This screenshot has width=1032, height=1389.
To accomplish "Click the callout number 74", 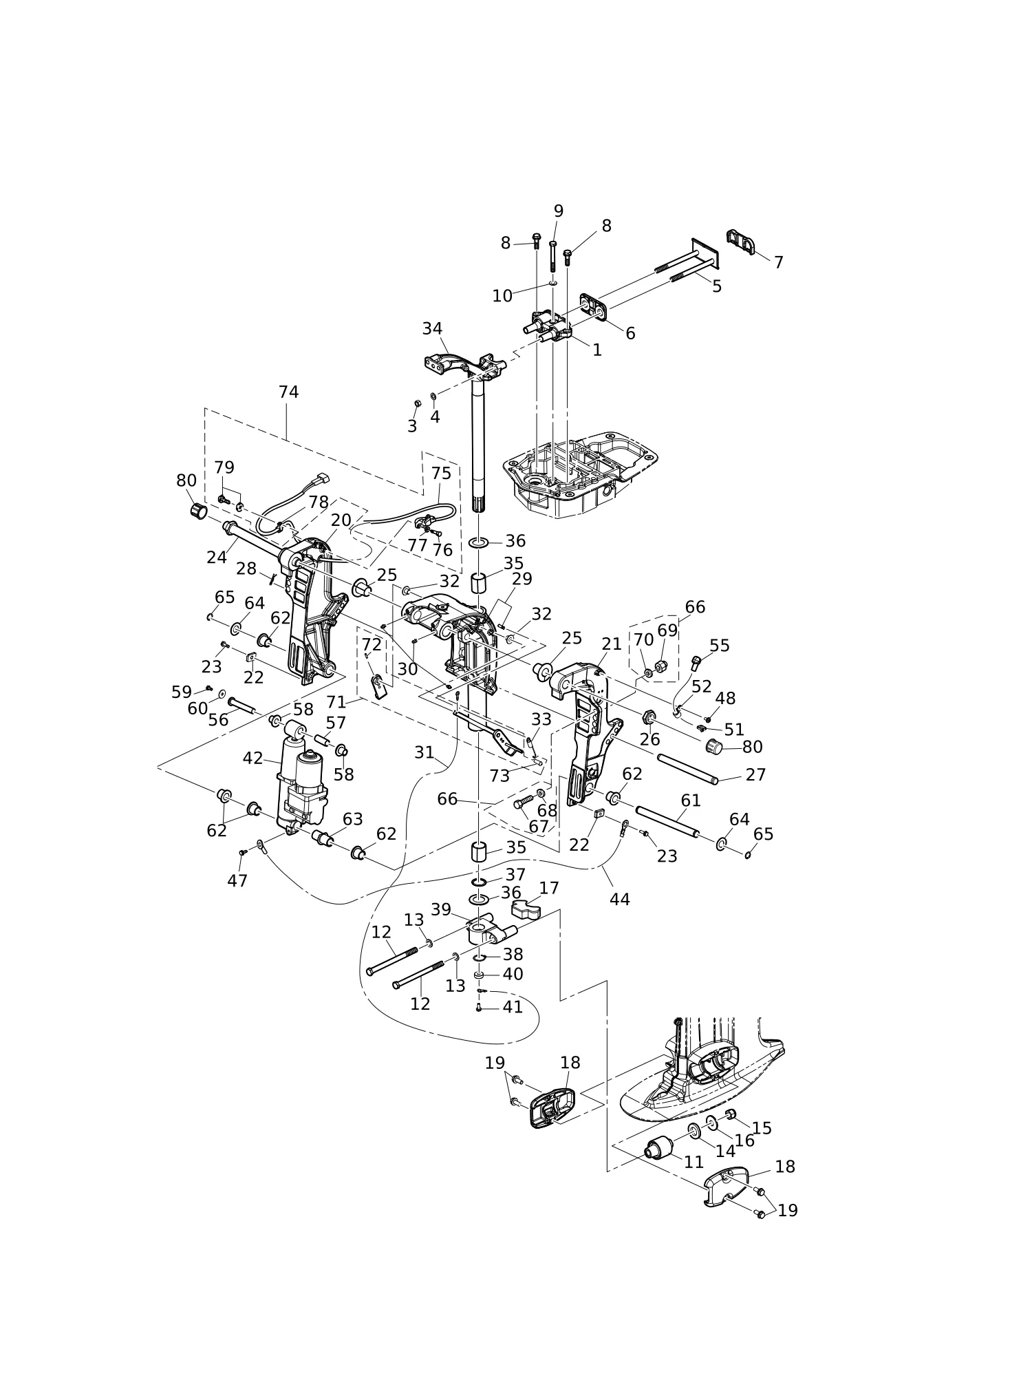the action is click(288, 392).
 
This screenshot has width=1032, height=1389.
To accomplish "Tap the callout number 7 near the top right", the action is click(778, 262).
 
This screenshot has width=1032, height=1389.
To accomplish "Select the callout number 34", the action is click(432, 329).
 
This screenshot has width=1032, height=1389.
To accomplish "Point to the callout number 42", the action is click(252, 758).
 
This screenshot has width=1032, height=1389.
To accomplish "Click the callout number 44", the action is click(619, 899).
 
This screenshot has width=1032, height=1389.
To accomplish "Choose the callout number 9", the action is click(558, 211).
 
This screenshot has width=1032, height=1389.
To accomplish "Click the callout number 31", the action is click(424, 753).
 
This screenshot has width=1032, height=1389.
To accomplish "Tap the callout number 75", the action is click(441, 474).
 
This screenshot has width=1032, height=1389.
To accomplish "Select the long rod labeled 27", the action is click(687, 769).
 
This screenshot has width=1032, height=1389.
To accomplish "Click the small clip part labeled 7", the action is click(740, 242).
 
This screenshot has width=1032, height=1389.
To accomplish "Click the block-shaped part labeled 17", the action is click(526, 911).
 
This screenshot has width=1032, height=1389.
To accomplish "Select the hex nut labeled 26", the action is click(648, 719).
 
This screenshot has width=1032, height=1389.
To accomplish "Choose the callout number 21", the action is click(611, 644).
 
